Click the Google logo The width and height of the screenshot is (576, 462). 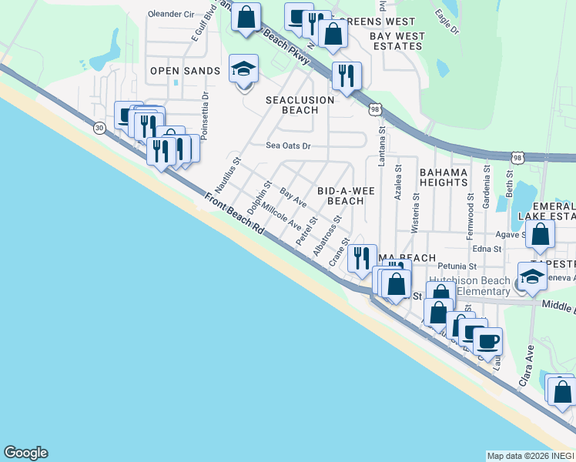(25, 453)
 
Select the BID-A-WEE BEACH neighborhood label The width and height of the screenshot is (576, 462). (340, 195)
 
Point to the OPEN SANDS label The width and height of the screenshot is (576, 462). (185, 71)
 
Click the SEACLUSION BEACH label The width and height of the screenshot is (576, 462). (300, 105)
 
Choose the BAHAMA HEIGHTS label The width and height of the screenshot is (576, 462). (443, 176)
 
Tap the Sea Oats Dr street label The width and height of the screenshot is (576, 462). (288, 145)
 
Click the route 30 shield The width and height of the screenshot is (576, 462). (99, 129)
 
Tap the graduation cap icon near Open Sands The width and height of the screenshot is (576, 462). (244, 69)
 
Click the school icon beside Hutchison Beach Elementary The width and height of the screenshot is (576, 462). (532, 276)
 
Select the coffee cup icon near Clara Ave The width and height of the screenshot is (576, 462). (487, 340)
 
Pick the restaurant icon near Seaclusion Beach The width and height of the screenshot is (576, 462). (346, 75)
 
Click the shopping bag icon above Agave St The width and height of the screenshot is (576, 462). (541, 233)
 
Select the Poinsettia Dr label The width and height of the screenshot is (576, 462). (204, 116)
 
